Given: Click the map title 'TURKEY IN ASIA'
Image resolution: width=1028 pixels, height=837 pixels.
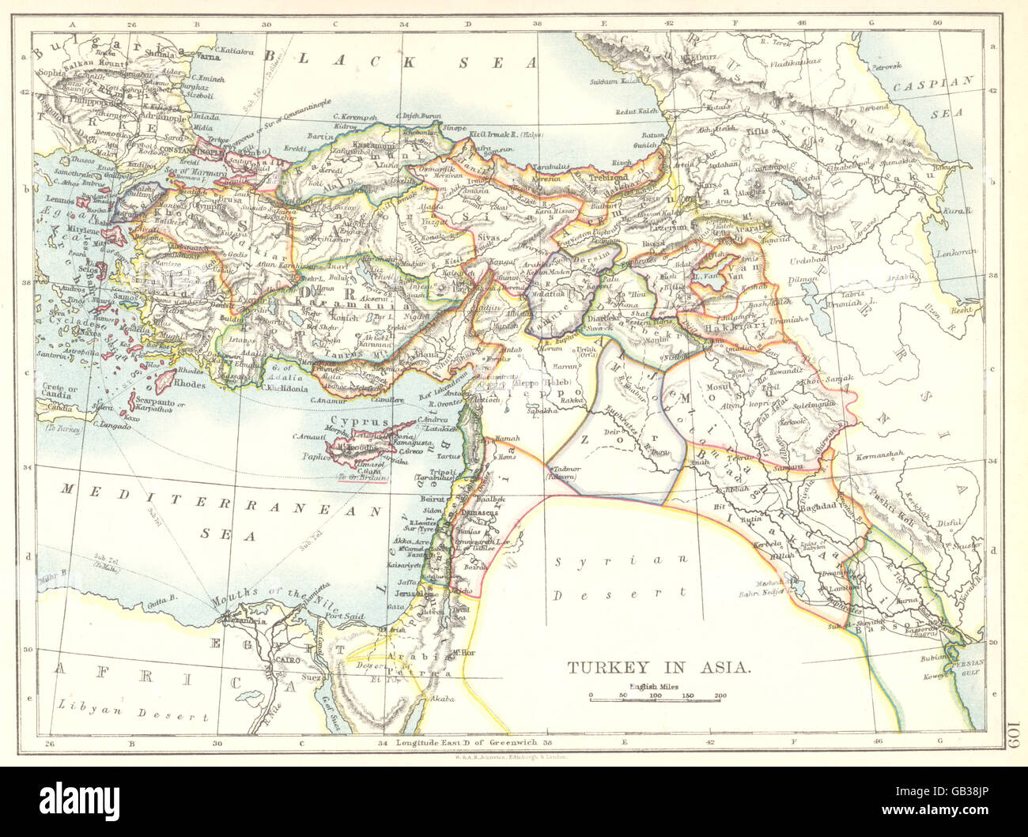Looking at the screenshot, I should (x=659, y=667).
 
